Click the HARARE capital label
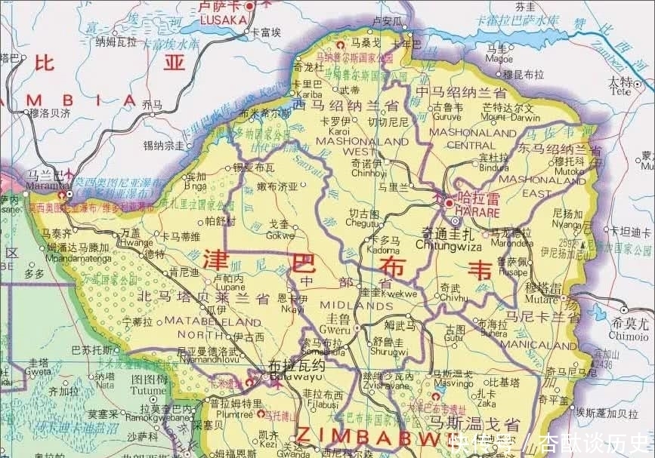click(x=477, y=214)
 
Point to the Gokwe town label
click(x=280, y=235)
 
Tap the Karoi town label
click(x=334, y=131)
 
